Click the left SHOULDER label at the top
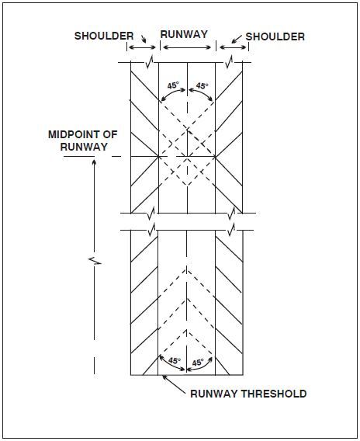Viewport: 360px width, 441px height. (104, 36)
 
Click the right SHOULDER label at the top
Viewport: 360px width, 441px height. (275, 36)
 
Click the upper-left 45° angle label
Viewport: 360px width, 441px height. (173, 86)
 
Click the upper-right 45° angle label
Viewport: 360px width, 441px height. (201, 86)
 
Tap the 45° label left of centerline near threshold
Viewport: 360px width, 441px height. (174, 361)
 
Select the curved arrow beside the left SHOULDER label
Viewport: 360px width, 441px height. (141, 37)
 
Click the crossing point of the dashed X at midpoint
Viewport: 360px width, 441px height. (187, 157)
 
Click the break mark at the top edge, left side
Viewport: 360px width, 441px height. (153, 61)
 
